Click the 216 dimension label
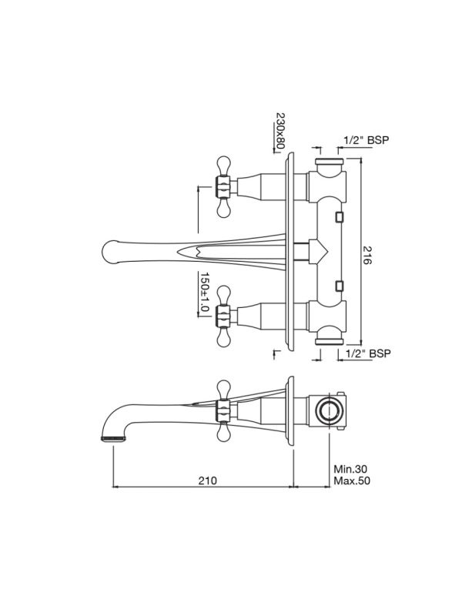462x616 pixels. click(367, 255)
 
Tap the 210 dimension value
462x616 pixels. click(207, 480)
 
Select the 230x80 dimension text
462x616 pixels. click(280, 131)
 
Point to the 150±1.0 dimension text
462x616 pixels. click(205, 292)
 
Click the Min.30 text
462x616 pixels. click(350, 469)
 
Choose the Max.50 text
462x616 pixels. click(352, 480)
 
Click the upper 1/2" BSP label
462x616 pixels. click(367, 140)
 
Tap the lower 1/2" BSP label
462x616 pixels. click(368, 353)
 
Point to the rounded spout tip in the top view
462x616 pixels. click(111, 252)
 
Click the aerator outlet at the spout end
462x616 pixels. click(113, 438)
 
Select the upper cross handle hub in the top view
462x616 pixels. click(223, 186)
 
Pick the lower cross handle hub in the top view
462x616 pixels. click(223, 316)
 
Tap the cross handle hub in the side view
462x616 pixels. click(223, 410)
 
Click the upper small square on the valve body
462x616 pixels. click(339, 217)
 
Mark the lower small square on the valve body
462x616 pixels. click(339, 286)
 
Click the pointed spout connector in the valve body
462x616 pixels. click(318, 251)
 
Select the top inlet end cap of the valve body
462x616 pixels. click(330, 161)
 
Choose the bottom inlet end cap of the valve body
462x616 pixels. click(330, 342)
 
